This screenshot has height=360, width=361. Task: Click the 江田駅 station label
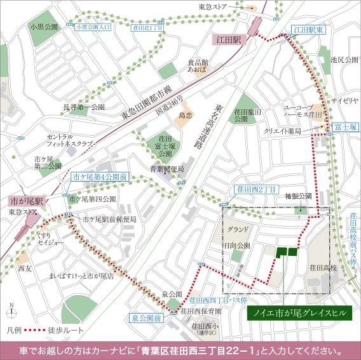pyautogui.click(x=228, y=39)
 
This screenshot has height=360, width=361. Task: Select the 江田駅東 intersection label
pyautogui.click(x=309, y=29)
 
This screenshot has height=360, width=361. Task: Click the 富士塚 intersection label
pyautogui.click(x=344, y=127)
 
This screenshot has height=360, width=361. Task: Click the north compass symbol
pyautogui.click(x=11, y=311)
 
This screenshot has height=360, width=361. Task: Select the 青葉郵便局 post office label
pyautogui.click(x=167, y=170)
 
